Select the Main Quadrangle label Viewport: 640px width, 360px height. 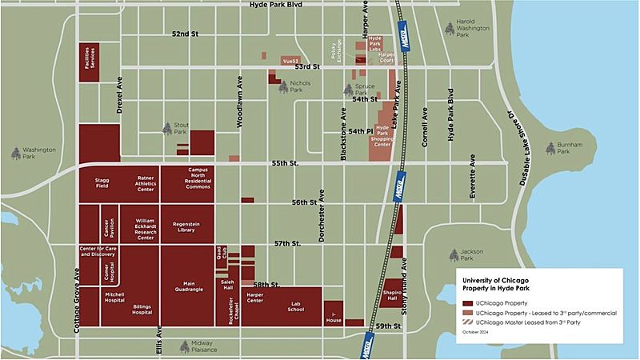point(190,286)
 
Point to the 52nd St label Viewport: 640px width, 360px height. point(184,34)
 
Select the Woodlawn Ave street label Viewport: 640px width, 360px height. point(238,103)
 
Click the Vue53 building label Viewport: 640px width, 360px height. point(290,60)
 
